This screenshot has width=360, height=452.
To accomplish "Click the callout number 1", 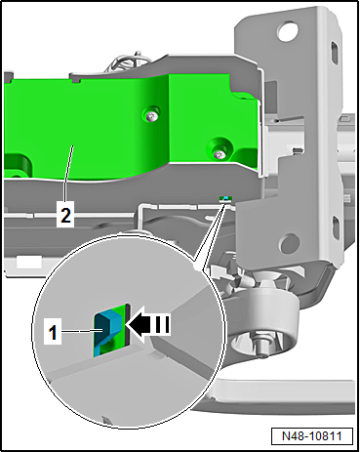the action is (x=53, y=332).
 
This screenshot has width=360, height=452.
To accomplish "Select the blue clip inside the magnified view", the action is (x=107, y=330).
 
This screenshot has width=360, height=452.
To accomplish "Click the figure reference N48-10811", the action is (x=312, y=435).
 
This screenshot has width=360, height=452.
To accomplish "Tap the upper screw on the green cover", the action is (x=151, y=116).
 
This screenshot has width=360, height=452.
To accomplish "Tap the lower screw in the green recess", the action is (x=220, y=153).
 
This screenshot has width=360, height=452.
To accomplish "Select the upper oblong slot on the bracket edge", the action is (x=334, y=51).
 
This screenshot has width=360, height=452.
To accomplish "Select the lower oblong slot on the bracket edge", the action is (x=335, y=226).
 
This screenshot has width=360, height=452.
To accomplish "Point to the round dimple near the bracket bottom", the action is (x=288, y=242).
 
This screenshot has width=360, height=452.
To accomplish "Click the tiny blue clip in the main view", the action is (x=225, y=198).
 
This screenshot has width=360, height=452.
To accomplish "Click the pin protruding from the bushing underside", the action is (x=261, y=346).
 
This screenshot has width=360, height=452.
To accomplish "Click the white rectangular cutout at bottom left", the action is (x=28, y=262).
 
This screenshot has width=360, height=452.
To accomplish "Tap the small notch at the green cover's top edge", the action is (x=75, y=80).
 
